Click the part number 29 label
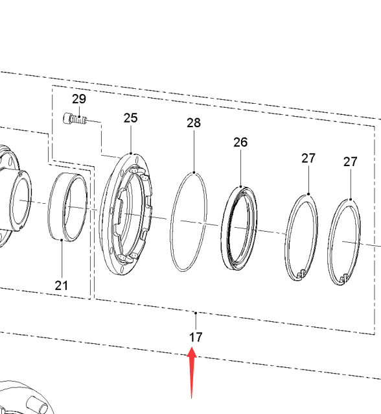pos(79,99)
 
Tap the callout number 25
pos(131,117)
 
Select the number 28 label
pos(194,123)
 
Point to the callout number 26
pos(240,142)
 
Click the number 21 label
pos(62,286)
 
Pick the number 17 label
pos(196,337)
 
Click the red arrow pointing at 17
pos(192,372)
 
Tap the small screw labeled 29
pos(75,119)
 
